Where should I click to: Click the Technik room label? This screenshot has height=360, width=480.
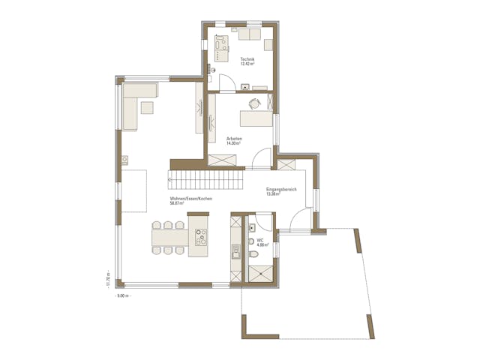coord(247,59)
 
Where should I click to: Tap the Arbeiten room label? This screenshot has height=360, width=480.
coord(234,139)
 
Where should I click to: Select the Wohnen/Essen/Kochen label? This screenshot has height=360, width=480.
coord(191,199)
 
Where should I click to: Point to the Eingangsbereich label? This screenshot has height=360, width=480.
coord(281,190)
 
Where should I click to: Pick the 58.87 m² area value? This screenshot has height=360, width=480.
coord(178,203)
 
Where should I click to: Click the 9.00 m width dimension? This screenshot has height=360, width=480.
coord(123,296)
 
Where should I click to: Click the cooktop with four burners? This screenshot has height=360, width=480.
coord(201,237)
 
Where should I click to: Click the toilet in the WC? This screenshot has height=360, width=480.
coord(253,256)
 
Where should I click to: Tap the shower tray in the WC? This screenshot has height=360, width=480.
coord(262,273)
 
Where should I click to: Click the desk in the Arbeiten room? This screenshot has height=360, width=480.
coord(256,118)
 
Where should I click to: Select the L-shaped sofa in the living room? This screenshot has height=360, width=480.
coord(135,105)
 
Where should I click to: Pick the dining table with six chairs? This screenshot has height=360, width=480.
coord(169,238)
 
